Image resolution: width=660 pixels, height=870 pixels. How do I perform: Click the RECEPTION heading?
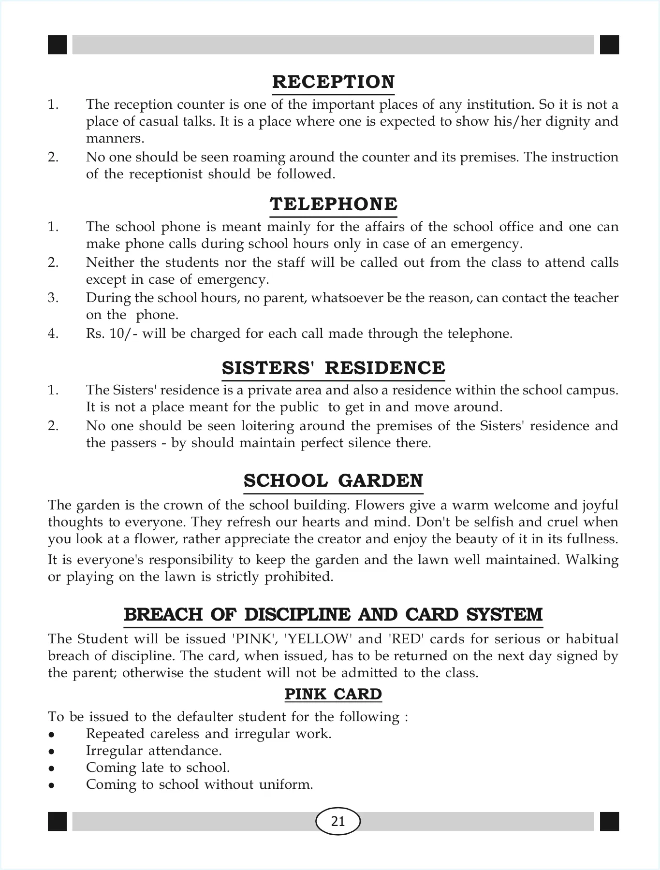333,82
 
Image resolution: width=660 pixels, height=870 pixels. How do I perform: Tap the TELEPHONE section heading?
333,204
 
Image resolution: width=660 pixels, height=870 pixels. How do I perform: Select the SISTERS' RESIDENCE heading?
333,368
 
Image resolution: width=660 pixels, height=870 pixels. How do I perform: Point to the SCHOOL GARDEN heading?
333,481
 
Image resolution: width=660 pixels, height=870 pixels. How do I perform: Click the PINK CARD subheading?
333,694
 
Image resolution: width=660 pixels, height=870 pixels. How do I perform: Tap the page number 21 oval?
338,821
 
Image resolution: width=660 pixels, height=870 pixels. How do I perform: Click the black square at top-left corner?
57,44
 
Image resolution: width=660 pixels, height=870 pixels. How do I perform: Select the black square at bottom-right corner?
609,821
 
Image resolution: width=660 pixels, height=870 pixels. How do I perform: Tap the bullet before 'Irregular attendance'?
51,752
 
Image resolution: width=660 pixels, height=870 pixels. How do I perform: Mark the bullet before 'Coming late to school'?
51,768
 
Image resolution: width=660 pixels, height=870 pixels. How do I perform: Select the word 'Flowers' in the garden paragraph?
380,505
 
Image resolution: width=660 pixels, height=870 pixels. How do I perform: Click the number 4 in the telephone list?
53,333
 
